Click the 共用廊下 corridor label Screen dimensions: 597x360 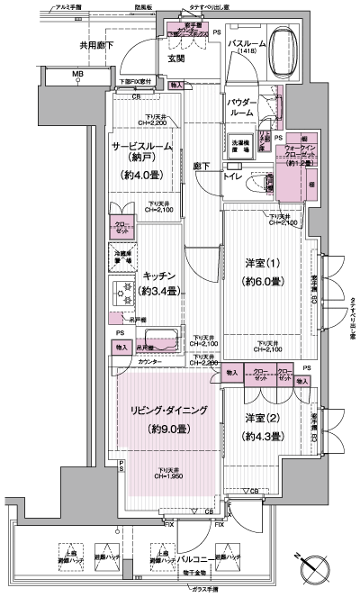69,42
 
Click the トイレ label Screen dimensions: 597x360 232,176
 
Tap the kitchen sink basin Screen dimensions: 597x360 164,341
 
